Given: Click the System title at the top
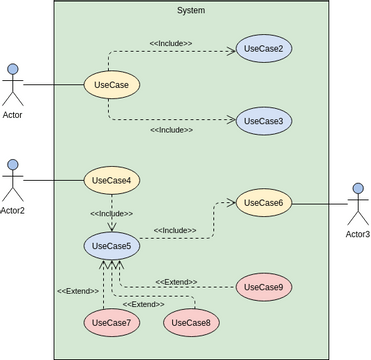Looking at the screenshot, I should pyautogui.click(x=190, y=10).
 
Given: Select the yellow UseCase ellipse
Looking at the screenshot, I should pyautogui.click(x=111, y=86).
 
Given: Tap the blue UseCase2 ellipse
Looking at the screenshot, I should pyautogui.click(x=264, y=49).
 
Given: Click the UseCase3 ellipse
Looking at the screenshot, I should pyautogui.click(x=264, y=121).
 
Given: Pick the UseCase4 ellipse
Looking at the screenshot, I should pyautogui.click(x=111, y=181).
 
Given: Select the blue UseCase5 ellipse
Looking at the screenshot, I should pyautogui.click(x=111, y=245).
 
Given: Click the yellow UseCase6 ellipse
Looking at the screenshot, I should pyautogui.click(x=264, y=203).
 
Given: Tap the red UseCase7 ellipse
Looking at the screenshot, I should pyautogui.click(x=111, y=322).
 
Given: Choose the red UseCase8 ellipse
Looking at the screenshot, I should pyautogui.click(x=191, y=322).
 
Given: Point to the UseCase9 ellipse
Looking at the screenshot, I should pyautogui.click(x=264, y=288).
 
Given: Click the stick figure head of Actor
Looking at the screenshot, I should pyautogui.click(x=13, y=70).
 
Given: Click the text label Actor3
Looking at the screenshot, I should pyautogui.click(x=357, y=234).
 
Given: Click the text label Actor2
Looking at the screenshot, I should pyautogui.click(x=13, y=210).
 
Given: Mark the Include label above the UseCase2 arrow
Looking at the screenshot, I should pyautogui.click(x=171, y=44).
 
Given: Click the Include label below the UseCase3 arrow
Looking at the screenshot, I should pyautogui.click(x=171, y=130).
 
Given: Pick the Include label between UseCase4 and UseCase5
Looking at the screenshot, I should pyautogui.click(x=111, y=214).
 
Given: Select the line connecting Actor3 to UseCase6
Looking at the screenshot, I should pyautogui.click(x=318, y=204).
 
